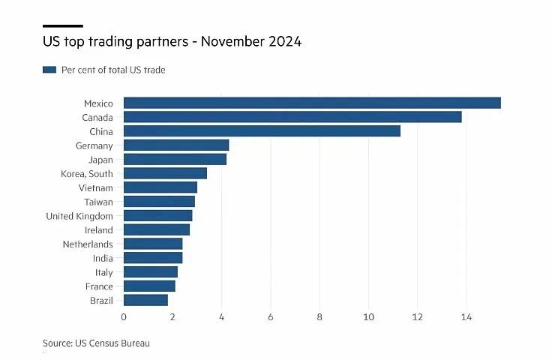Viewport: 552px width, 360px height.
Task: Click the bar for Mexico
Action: click(x=311, y=103)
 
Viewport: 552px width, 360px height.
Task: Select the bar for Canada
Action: click(x=292, y=117)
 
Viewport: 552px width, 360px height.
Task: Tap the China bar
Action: click(x=262, y=131)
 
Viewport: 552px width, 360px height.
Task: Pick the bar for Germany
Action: click(x=176, y=145)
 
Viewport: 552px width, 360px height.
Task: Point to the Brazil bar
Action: click(x=145, y=300)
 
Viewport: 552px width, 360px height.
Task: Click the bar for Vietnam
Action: click(x=160, y=187)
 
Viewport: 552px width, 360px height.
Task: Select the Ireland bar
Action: click(x=157, y=229)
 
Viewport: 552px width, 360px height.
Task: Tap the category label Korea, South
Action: click(x=87, y=173)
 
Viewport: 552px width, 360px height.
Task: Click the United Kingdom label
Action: click(x=79, y=216)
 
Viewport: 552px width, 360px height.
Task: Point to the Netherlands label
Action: click(x=88, y=244)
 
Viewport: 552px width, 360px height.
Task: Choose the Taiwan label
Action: click(x=98, y=202)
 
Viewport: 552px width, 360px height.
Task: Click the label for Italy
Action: click(x=103, y=272)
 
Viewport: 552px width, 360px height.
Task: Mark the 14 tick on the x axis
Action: click(x=466, y=317)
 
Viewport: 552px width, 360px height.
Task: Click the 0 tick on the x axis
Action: click(x=124, y=317)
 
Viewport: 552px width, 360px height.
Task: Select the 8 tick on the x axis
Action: click(x=319, y=317)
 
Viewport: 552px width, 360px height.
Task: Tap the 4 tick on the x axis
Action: click(x=222, y=317)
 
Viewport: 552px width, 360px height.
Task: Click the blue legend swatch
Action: click(x=49, y=70)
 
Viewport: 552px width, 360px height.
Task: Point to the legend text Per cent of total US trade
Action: click(x=113, y=70)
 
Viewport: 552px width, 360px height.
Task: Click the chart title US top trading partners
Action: click(x=172, y=43)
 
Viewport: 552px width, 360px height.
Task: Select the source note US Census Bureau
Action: click(x=96, y=343)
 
